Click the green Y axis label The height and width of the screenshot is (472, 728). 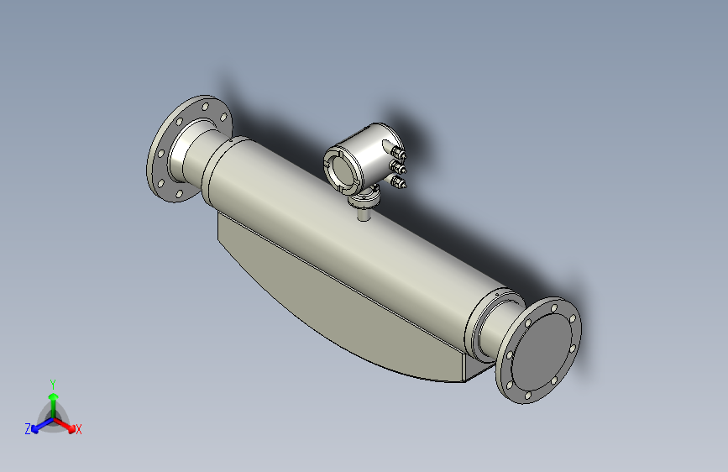coord(52,382)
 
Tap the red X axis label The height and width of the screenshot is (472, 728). coord(79,430)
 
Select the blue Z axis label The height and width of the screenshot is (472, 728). coord(28,429)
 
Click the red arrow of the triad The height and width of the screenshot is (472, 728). coord(67,425)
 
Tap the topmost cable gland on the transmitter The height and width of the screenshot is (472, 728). coord(397,152)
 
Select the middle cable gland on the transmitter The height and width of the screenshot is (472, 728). coord(399,167)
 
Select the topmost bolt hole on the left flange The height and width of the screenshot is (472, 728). coord(204,108)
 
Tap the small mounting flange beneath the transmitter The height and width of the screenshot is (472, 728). coord(364,199)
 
